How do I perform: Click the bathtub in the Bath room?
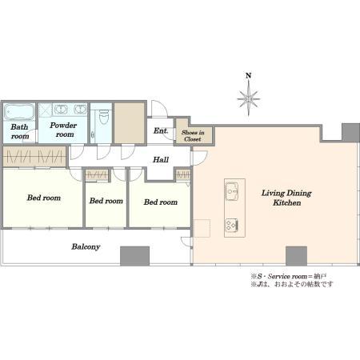coord(19,112)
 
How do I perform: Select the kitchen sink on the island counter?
coord(231,191)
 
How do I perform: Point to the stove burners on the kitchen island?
coord(231,226)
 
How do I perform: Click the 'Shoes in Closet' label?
coord(193,136)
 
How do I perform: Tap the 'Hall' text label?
coord(161,160)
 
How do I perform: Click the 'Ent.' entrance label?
coord(161,130)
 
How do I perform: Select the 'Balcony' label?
coord(86,246)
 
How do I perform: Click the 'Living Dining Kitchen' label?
coord(286,198)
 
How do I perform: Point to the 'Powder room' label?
coord(63,130)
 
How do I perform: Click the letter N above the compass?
coord(248,76)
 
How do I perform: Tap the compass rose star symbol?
coord(248,98)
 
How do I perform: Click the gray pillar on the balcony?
coord(134,256)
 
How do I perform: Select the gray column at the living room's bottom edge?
coord(297,256)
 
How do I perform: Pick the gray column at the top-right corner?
coord(350,132)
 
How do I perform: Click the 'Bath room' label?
coord(20,131)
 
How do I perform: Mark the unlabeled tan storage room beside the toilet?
coord(130,123)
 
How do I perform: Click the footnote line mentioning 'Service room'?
coord(288,276)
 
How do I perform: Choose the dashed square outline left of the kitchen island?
coord(202,228)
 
